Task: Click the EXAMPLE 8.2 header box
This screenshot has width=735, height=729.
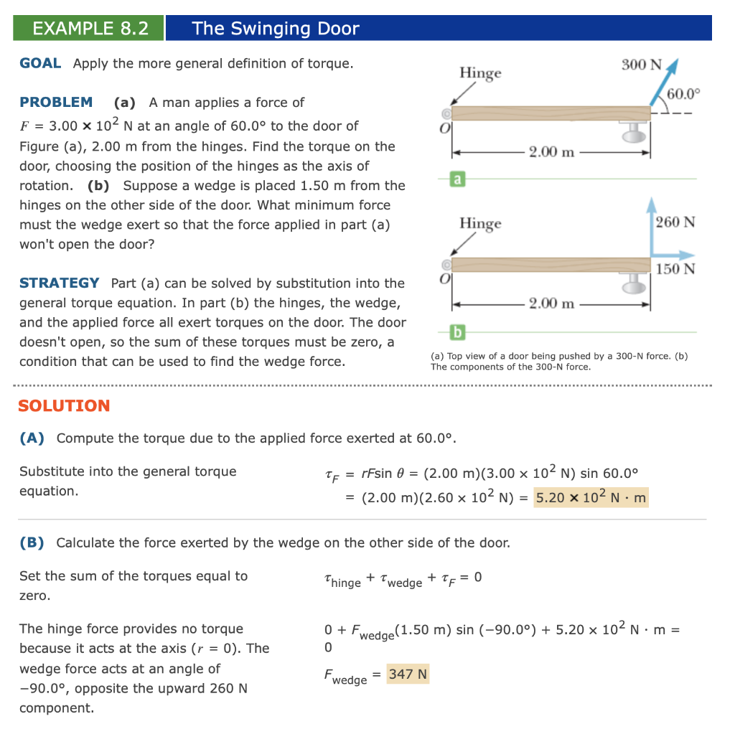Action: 90,28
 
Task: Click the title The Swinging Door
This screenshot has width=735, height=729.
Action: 275,28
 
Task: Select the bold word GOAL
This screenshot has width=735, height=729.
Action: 40,63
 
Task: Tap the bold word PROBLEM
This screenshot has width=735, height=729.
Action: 56,102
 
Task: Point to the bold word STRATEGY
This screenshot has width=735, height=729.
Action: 60,283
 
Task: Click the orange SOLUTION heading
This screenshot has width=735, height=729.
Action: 64,405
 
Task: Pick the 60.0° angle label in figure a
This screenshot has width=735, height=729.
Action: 683,94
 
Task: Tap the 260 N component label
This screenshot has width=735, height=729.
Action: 675,222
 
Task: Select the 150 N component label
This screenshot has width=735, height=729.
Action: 675,269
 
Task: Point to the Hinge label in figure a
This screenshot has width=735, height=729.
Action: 480,72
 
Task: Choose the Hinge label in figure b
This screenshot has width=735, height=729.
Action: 480,223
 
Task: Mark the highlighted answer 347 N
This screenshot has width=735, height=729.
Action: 408,674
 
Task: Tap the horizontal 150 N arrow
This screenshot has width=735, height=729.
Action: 675,255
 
